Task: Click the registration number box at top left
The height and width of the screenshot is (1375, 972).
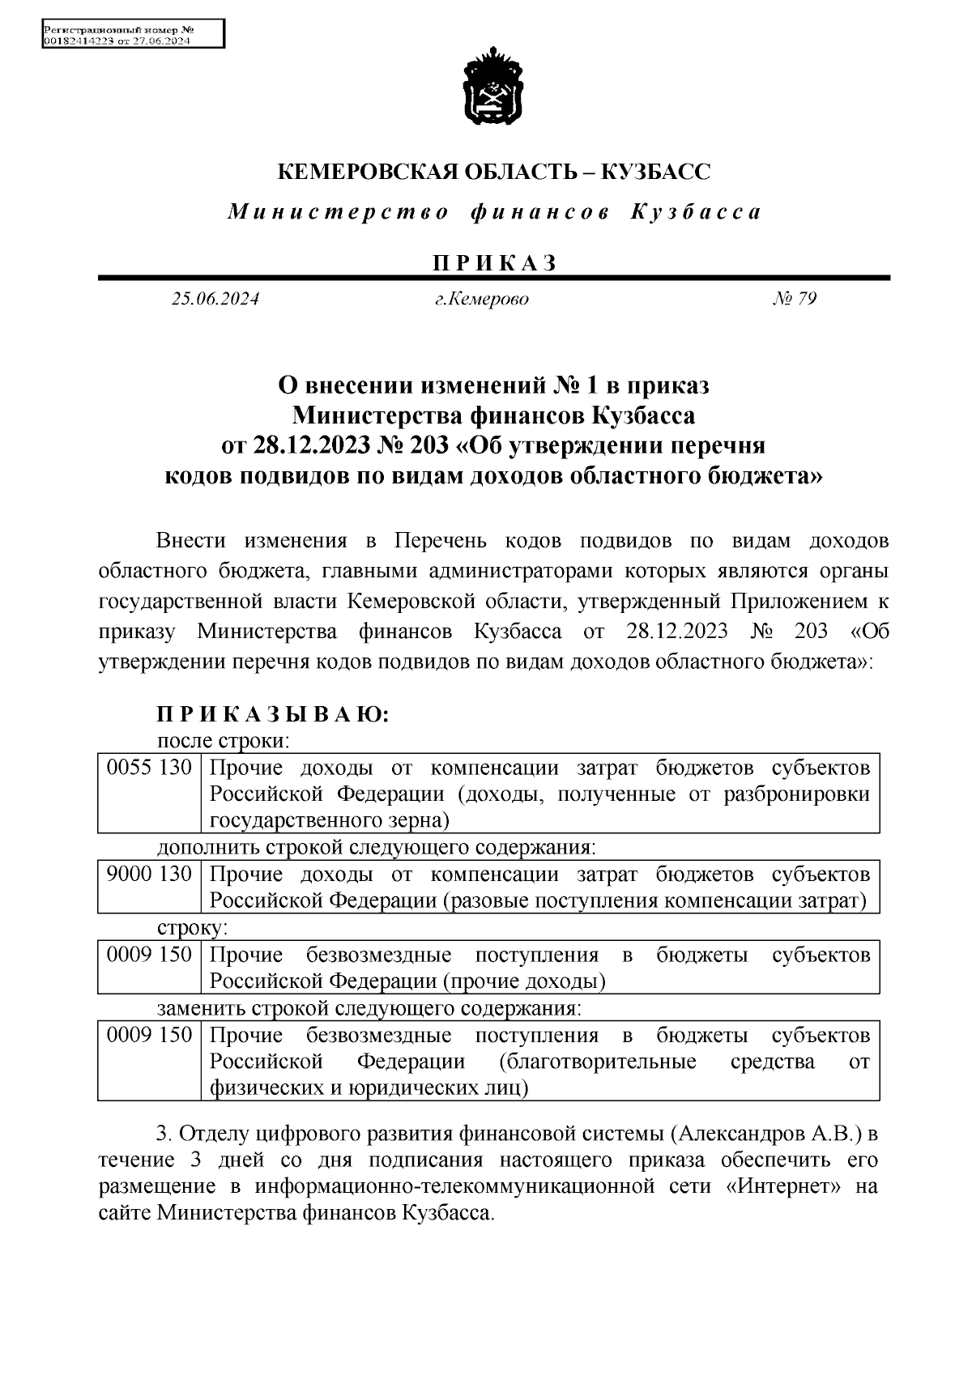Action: [132, 36]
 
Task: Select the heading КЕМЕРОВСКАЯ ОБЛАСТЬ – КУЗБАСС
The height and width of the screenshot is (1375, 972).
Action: [494, 172]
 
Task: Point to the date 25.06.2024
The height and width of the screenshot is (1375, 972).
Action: [215, 299]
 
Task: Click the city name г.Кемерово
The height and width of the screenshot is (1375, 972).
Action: [481, 299]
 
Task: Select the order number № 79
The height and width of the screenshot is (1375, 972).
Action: [795, 299]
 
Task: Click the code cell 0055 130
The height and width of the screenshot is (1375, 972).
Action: [149, 767]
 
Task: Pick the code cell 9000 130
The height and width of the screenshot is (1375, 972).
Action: [149, 874]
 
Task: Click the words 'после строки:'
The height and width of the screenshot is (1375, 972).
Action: [224, 740]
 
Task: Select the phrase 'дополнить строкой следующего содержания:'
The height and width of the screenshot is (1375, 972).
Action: [377, 848]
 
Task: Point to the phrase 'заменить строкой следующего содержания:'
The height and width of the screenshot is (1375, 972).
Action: [369, 1008]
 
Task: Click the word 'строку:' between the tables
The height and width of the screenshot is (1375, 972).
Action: [192, 927]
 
